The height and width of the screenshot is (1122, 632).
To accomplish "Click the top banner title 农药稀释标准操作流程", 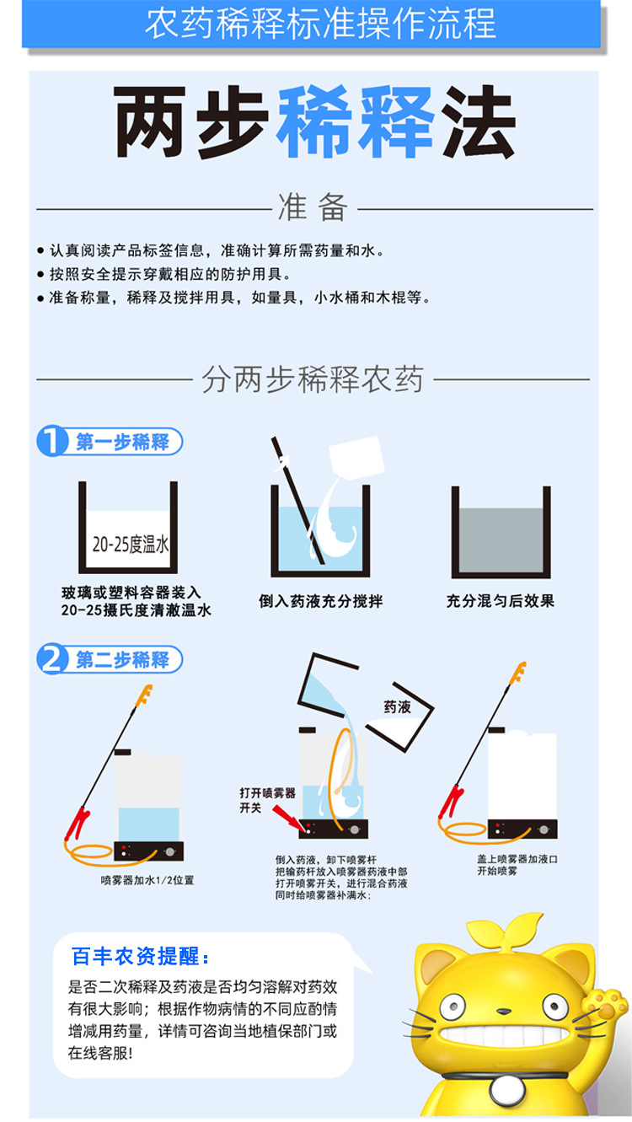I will point(320,24).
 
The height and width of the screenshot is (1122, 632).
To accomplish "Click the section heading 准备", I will point(313,207).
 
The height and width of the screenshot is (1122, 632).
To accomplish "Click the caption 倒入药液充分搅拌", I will point(320,601).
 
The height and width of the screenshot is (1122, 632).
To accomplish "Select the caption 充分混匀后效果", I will point(501,601).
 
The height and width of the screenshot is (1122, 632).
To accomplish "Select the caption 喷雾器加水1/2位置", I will point(147,880).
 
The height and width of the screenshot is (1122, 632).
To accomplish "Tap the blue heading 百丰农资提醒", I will point(142,958).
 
